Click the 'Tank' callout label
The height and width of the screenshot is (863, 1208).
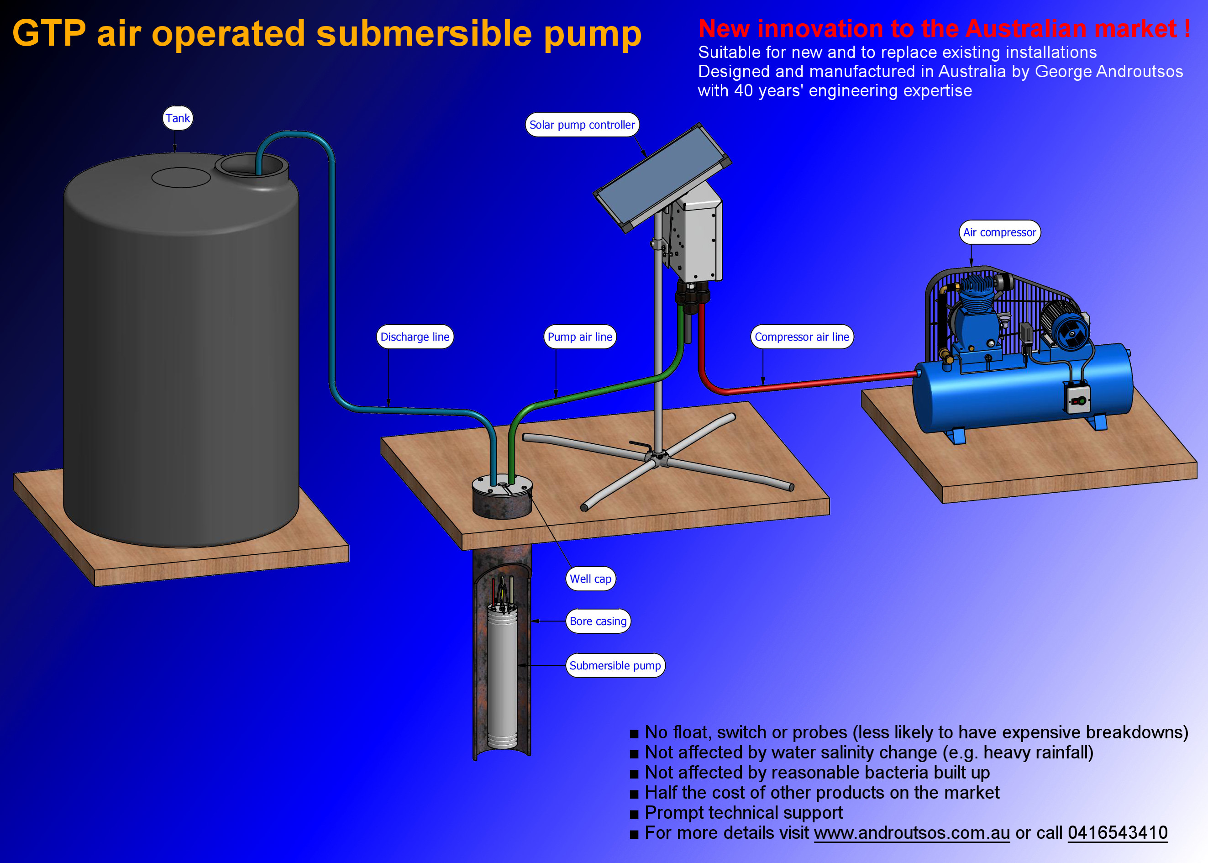(178, 118)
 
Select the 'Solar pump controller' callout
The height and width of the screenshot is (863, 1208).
(582, 125)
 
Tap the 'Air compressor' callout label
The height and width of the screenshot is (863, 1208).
(999, 232)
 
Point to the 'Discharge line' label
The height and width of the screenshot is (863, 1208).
(415, 337)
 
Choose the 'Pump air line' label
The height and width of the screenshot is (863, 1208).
(579, 337)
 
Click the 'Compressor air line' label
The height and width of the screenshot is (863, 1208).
(801, 337)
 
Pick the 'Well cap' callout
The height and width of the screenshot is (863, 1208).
(590, 579)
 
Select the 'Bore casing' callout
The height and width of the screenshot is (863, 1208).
(598, 621)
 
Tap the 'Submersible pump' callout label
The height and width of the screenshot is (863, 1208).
(615, 665)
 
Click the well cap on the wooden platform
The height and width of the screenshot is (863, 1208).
(502, 497)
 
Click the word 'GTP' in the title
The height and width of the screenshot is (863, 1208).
(49, 33)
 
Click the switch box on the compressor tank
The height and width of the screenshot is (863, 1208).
(1077, 399)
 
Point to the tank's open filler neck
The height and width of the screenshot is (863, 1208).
(251, 166)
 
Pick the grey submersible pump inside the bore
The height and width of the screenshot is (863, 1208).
(502, 680)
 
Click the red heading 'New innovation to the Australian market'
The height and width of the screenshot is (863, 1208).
(944, 29)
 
